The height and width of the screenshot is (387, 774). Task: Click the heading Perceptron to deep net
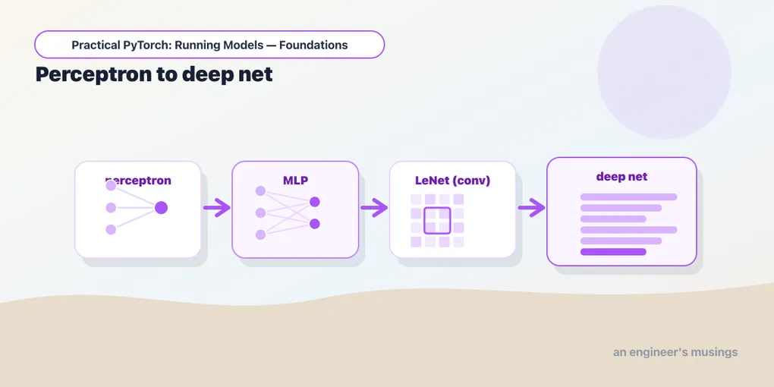154,74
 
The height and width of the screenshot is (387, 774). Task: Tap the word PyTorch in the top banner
146,45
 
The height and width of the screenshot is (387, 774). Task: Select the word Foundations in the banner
313,45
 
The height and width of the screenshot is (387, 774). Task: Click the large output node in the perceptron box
161,208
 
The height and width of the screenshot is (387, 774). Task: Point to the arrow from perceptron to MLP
217,208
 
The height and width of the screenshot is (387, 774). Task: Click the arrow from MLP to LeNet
374,208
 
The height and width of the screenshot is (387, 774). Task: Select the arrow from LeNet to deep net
531,208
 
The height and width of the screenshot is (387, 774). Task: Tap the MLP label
295,181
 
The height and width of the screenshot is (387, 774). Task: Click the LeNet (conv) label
453,181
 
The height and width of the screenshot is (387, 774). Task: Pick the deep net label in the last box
621,177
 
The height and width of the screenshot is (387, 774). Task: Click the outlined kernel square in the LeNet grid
437,221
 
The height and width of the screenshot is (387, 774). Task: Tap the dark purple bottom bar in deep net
613,252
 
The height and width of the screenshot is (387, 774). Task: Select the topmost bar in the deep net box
628,197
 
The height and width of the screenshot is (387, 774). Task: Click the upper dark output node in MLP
314,202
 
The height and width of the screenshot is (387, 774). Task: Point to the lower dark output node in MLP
314,224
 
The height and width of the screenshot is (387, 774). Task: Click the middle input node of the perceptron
111,208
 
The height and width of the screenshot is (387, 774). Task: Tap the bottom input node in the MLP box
260,235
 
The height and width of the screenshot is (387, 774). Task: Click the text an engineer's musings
675,352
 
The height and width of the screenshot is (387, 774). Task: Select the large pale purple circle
664,72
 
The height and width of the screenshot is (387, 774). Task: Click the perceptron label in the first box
138,181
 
